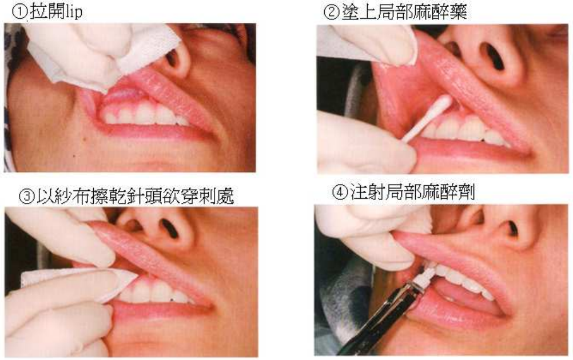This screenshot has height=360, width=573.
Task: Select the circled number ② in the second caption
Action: pos(332,11)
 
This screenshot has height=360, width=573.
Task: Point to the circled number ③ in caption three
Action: pos(27,197)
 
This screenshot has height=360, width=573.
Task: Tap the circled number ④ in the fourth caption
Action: pos(340,192)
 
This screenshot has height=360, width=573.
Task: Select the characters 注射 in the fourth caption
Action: pos(367,192)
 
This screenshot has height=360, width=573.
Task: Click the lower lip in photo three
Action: pos(161,310)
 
